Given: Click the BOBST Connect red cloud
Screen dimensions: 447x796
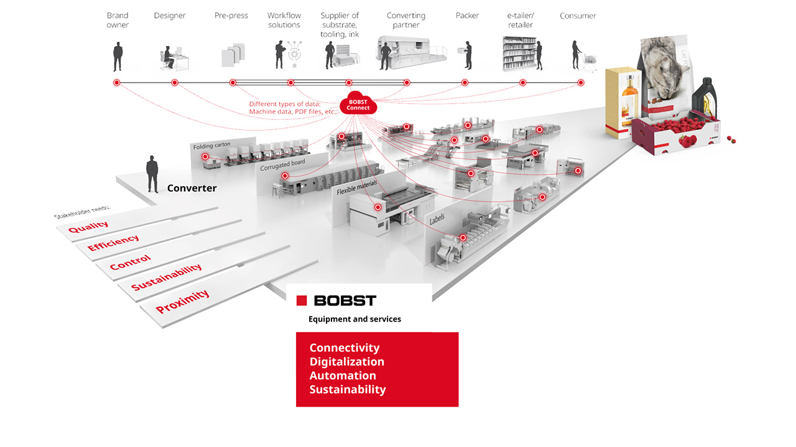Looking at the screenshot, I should [x=358, y=104].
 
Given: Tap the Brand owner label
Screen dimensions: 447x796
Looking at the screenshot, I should [x=118, y=20].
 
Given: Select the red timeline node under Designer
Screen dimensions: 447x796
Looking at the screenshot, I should [x=175, y=83].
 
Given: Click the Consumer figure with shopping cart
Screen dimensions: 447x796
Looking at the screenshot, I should [x=579, y=56].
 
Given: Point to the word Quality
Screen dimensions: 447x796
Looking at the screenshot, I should [x=88, y=228].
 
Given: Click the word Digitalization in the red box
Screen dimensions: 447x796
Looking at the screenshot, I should [x=347, y=361].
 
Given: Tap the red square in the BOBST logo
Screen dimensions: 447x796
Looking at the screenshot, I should [x=302, y=300].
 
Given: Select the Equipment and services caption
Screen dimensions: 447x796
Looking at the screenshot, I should [x=354, y=319].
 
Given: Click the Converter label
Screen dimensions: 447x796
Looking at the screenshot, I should [x=192, y=188].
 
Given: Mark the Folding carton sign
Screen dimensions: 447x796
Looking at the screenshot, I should [x=211, y=146].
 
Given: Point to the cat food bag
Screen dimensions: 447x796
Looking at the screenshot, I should [x=665, y=74].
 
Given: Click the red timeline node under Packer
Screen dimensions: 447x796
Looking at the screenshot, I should [x=465, y=83].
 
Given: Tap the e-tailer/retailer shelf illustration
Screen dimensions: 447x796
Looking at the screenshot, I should [x=520, y=54].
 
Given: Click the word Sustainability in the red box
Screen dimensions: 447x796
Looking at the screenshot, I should [x=348, y=389].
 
